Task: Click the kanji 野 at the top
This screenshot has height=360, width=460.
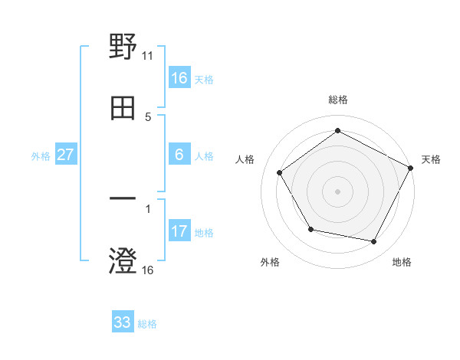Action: pos(123,47)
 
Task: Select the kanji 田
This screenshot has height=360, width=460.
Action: pos(123,109)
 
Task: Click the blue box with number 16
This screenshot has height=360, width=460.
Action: pos(179,78)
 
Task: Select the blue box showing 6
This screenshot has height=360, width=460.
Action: pos(179,155)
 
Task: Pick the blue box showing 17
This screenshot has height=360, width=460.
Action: pos(179,231)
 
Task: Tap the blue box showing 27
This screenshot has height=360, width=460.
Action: pos(66,155)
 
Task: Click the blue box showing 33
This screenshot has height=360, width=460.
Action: pos(123,322)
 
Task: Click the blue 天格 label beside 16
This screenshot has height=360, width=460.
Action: pos(204,80)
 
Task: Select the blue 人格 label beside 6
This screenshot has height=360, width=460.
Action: pos(204,156)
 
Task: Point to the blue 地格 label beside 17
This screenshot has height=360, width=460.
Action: pos(204,233)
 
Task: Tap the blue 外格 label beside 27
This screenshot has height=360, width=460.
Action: pos(41,156)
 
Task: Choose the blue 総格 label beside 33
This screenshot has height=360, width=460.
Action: pos(147,324)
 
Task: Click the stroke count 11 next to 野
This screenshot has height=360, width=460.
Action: pos(148,56)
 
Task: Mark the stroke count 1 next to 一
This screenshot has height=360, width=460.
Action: pos(148,208)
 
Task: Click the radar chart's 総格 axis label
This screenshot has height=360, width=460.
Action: pos(338,100)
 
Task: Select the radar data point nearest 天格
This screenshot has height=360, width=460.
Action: pos(411,168)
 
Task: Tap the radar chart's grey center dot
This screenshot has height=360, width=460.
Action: pos(338,191)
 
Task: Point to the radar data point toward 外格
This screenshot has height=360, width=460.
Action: pos(310,229)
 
